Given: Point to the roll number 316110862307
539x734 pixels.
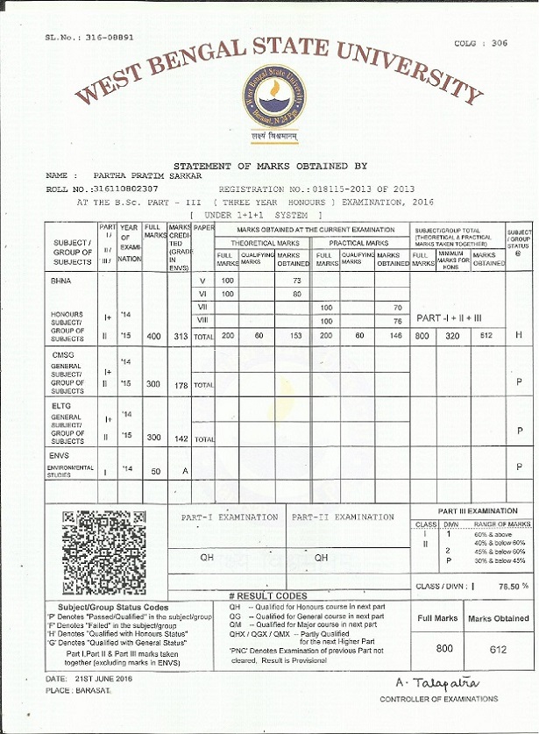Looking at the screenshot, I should point(127,189).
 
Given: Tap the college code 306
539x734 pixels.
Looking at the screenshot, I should point(499,43).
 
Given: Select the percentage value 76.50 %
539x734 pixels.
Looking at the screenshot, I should point(513,585).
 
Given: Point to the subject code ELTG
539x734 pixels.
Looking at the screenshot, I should point(62,406).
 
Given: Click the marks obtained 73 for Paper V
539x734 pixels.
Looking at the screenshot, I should point(296,280).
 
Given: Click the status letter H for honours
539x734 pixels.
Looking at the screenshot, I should point(519,336).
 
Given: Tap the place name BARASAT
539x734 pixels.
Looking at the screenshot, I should point(99,691).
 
